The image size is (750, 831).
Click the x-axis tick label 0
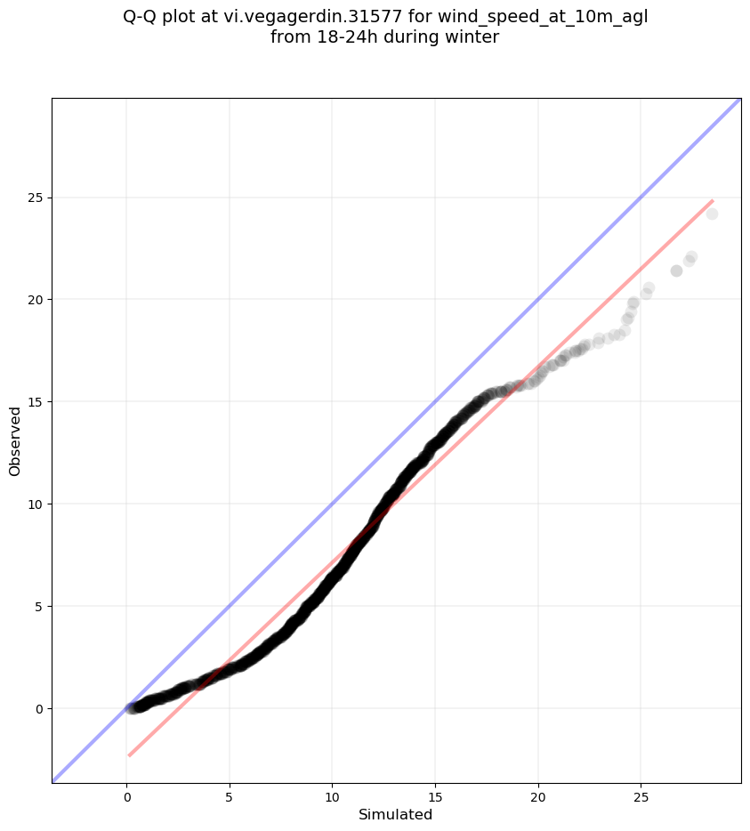(126, 797)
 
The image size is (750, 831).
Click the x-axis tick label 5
(230, 797)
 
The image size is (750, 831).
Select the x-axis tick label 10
(333, 797)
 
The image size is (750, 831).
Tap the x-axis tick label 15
(435, 797)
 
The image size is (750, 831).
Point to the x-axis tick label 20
(538, 797)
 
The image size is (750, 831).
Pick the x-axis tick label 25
(641, 797)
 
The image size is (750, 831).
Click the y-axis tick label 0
(39, 708)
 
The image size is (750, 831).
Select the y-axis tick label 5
(39, 606)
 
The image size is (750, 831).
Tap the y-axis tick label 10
(36, 504)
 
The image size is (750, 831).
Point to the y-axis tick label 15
(36, 402)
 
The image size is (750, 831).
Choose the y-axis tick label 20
(36, 300)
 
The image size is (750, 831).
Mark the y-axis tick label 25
(36, 198)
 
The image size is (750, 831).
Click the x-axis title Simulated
(395, 815)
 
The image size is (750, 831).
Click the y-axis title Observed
(15, 441)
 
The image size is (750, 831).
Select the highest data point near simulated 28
(712, 214)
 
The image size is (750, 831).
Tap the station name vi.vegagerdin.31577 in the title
(310, 18)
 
